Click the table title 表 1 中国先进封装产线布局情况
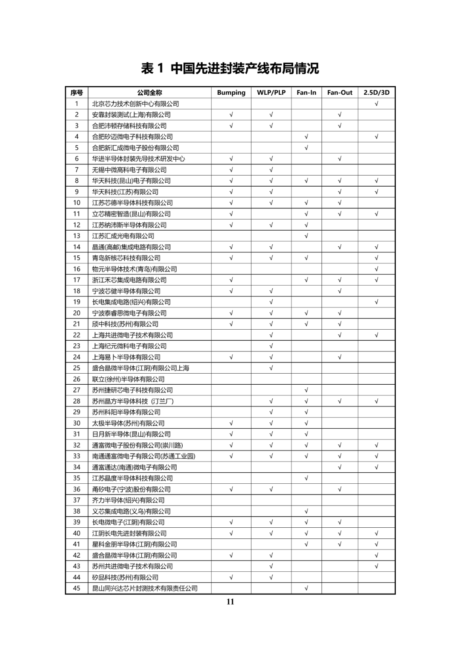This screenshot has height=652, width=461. pos(230,68)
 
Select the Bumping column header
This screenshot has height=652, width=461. pos(231,93)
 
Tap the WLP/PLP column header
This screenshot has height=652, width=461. pos(271,93)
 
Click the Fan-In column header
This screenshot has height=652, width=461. pos(306,93)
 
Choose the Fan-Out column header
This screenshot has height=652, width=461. pos(340,93)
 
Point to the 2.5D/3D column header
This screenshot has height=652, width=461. pos(376,93)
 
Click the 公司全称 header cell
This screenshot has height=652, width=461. pos(149,93)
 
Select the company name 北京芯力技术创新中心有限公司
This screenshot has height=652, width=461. pos(135,104)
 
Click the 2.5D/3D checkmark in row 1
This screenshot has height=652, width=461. pos(376,104)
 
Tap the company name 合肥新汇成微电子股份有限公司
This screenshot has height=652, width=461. pos(135,148)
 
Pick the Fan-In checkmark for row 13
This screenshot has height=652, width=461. pos(306,236)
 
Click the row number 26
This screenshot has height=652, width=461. pos(77,379)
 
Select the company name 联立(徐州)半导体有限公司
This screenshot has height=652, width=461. pos(128,379)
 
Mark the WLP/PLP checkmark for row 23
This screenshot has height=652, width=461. pos(271,346)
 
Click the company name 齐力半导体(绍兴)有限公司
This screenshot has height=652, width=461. pos(128,500)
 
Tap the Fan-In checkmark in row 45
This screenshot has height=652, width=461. pos(306,588)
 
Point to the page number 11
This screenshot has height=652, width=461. pos(230,602)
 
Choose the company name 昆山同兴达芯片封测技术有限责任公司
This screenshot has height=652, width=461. pos(145,588)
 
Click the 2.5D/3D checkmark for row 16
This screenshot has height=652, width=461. pos(376,269)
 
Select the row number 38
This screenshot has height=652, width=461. pos(77,511)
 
